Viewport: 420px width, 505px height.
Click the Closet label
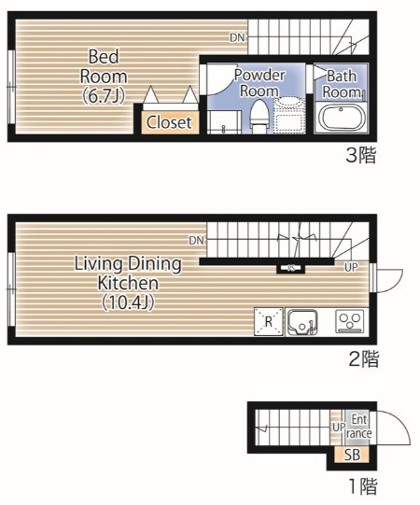pyautogui.click(x=169, y=122)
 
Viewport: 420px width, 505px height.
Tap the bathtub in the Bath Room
pyautogui.click(x=341, y=118)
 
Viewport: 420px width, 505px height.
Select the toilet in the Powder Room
pyautogui.click(x=259, y=117)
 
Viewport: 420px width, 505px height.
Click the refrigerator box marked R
pyautogui.click(x=269, y=322)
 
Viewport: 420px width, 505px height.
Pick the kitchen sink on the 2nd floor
pyautogui.click(x=302, y=322)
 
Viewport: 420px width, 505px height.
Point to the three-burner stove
pyautogui.click(x=349, y=321)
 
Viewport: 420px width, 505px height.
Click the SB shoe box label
pyautogui.click(x=352, y=455)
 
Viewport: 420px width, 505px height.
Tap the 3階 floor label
pyautogui.click(x=361, y=155)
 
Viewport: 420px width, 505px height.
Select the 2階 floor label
pyautogui.click(x=364, y=358)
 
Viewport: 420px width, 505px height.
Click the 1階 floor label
pyautogui.click(x=363, y=486)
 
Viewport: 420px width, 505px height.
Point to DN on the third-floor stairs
pyautogui.click(x=237, y=37)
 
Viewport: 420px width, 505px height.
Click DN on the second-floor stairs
pyautogui.click(x=197, y=240)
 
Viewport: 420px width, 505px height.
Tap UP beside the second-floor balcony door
pyautogui.click(x=351, y=267)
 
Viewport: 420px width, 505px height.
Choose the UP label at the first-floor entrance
pyautogui.click(x=339, y=428)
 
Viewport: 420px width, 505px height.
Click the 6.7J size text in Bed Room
pyautogui.click(x=104, y=95)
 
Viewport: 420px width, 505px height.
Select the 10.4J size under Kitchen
pyautogui.click(x=128, y=302)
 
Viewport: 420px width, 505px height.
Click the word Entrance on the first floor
pyautogui.click(x=358, y=427)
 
